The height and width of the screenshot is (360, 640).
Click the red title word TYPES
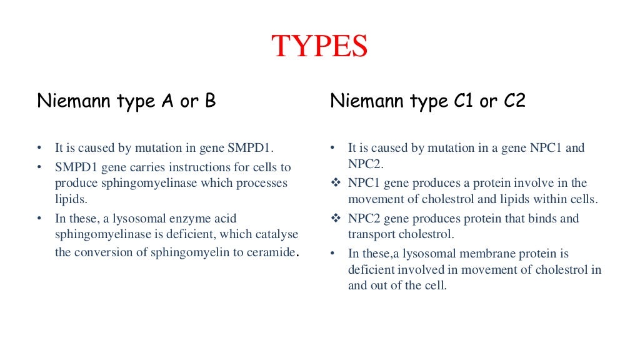coord(319,47)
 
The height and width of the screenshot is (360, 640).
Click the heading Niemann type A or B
coord(126,101)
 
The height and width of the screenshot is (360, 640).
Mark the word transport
coord(371,234)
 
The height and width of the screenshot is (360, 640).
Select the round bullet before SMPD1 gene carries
coord(40,167)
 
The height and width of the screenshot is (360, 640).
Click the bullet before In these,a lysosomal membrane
coord(334,253)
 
